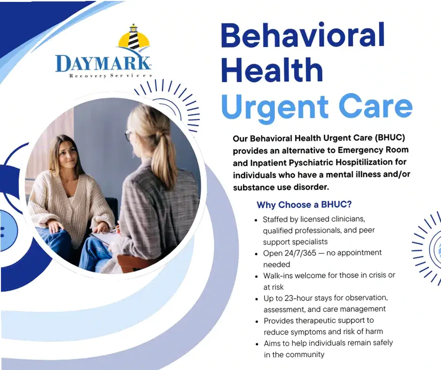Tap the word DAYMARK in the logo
pos(103,64)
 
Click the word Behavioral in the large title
pos(303,37)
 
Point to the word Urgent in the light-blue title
pos(274,107)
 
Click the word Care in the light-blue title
pos(376,107)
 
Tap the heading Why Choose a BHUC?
pos(304,205)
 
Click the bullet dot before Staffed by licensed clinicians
pos(256,220)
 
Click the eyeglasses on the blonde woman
pos(128,135)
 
